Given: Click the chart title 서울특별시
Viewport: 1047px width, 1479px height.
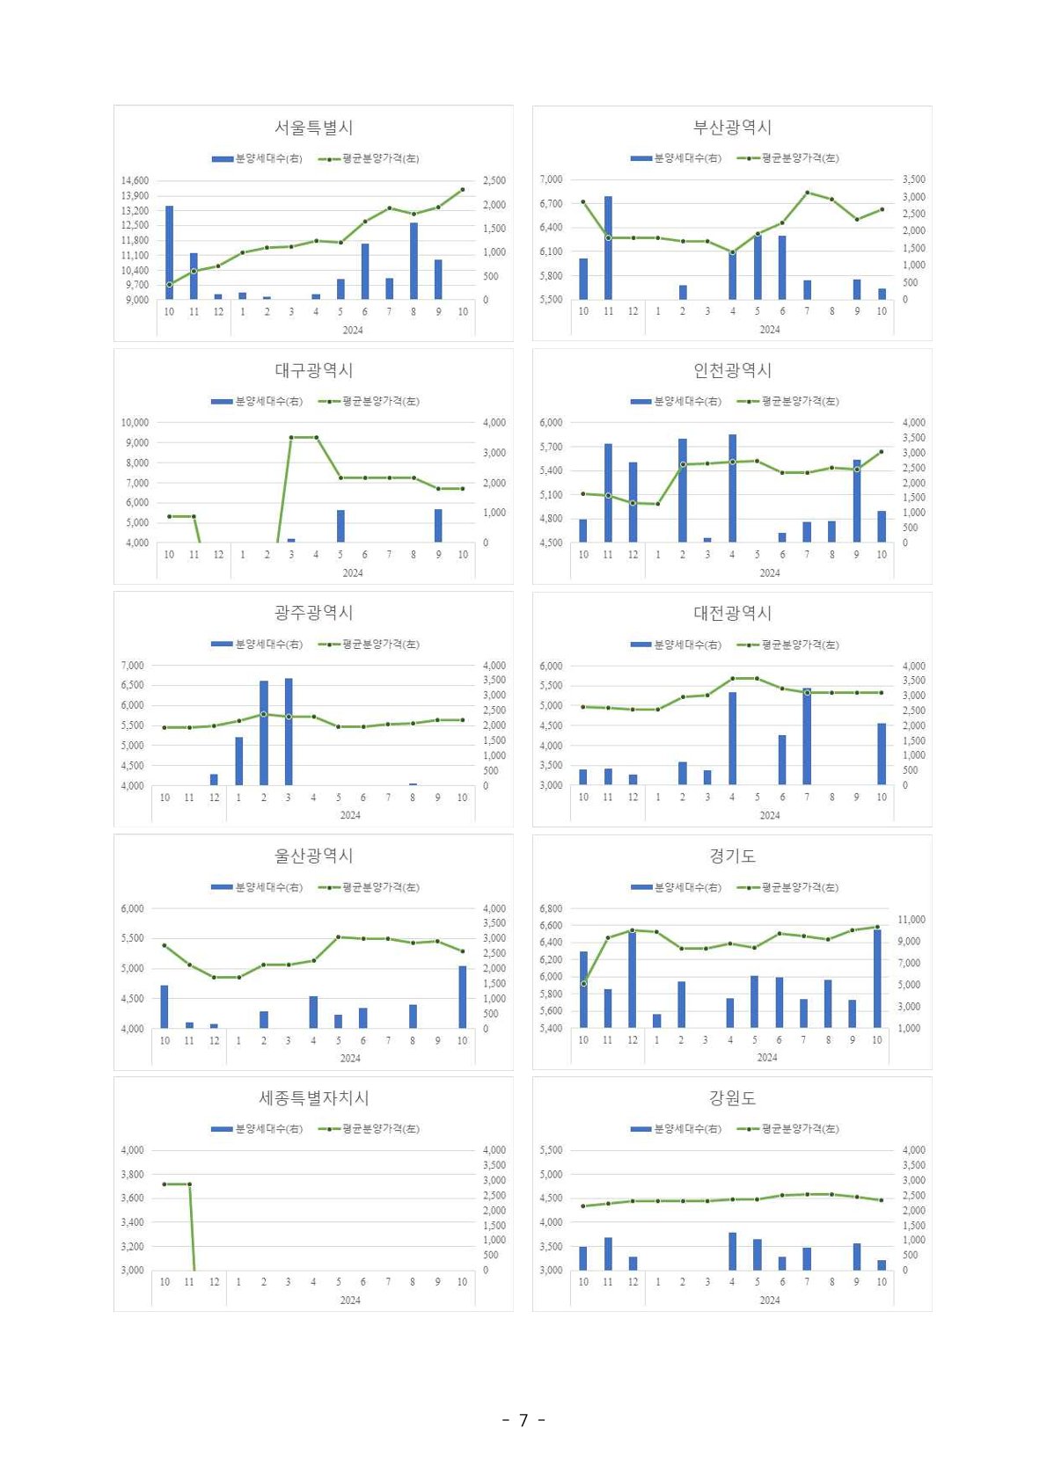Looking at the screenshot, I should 313,127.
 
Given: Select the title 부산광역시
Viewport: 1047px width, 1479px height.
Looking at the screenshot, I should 732,127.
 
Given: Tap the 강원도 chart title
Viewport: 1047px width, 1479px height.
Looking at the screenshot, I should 732,1098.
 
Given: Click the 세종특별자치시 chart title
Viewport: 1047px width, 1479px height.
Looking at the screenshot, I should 313,1098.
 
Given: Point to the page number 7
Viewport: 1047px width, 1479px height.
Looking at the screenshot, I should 523,1420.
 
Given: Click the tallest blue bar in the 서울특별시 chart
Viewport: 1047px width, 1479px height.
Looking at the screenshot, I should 169,253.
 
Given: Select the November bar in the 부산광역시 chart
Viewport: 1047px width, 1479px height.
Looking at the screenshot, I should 608,248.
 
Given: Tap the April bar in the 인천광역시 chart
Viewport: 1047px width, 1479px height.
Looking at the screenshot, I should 732,488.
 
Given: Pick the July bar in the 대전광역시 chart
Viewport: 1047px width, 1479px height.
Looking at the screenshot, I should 807,737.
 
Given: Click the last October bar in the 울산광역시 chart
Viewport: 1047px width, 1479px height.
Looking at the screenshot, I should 463,997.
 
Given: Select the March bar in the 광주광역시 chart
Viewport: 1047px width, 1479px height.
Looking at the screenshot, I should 289,732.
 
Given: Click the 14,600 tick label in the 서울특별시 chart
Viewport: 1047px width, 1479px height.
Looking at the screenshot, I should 135,180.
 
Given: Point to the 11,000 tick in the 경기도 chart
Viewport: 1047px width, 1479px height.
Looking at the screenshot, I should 911,920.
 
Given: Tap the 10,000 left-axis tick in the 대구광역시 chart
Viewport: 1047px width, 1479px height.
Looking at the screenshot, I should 135,423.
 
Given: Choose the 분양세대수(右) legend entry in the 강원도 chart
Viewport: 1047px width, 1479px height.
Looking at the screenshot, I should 676,1128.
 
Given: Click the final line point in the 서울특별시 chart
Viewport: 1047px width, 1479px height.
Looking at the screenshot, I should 463,189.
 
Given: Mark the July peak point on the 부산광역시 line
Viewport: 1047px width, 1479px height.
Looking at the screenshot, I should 807,192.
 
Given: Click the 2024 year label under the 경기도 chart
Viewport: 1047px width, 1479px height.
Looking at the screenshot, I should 767,1058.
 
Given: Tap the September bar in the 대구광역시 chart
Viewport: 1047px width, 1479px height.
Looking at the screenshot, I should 438,526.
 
